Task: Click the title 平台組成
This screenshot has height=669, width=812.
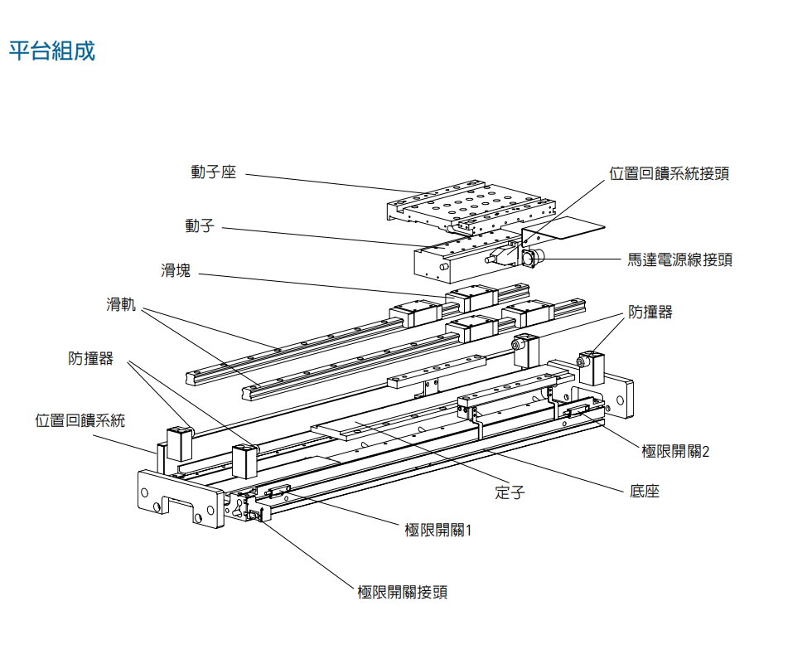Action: [51, 51]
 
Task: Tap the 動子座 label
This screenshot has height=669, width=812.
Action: [213, 172]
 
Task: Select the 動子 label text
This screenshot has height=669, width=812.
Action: [199, 225]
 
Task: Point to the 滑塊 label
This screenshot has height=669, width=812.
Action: [176, 270]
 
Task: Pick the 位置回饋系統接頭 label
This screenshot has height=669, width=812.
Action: [669, 173]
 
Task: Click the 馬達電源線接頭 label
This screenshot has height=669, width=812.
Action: [679, 259]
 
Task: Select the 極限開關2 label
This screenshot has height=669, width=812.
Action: [675, 451]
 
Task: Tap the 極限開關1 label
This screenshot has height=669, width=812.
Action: [437, 530]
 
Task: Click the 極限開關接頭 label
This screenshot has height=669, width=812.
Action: [403, 592]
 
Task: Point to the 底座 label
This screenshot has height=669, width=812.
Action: [644, 492]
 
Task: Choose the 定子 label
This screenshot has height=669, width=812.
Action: [510, 492]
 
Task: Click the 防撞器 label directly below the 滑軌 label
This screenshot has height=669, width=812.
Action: [90, 358]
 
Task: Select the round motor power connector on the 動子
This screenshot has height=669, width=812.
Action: [529, 259]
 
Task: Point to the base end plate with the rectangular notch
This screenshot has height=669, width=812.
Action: [179, 497]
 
